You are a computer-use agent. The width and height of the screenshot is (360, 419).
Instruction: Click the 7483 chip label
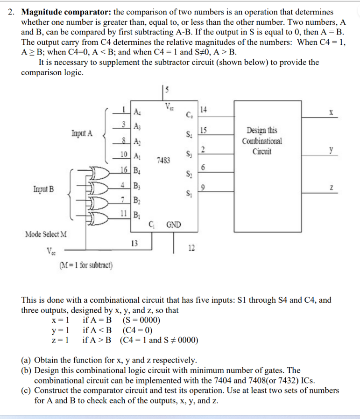coord(163,161)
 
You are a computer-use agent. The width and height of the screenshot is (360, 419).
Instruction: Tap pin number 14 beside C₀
coord(202,110)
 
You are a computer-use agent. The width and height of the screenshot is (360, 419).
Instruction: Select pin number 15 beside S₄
coord(202,130)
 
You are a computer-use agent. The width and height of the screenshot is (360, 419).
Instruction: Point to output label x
coord(331,112)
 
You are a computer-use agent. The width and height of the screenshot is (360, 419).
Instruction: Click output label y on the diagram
coord(331,150)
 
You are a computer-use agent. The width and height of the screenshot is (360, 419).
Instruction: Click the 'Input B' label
coord(43,189)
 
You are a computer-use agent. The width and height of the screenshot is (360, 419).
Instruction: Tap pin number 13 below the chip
coord(134,243)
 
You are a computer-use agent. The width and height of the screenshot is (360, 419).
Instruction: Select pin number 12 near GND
coord(192,247)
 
